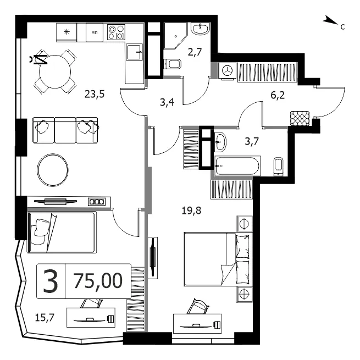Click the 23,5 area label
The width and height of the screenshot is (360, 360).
(95, 94)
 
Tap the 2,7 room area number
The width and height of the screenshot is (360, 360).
(195, 52)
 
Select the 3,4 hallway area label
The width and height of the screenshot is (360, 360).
(167, 102)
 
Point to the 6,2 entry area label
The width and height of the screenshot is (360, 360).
(278, 95)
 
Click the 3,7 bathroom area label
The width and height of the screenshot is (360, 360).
(252, 141)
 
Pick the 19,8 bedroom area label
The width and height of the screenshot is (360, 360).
(191, 211)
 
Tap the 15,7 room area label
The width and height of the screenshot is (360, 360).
(45, 318)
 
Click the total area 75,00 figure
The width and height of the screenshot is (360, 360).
(98, 281)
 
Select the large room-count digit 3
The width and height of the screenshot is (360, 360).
(51, 281)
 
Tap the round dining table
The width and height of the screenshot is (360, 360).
(55, 72)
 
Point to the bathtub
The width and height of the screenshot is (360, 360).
(237, 166)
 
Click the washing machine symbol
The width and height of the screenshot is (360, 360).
(228, 70)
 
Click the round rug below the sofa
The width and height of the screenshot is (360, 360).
(53, 170)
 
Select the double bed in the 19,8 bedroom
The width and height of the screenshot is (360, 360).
(218, 259)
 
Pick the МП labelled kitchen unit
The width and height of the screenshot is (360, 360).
(95, 32)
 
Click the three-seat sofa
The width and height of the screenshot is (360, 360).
(65, 130)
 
